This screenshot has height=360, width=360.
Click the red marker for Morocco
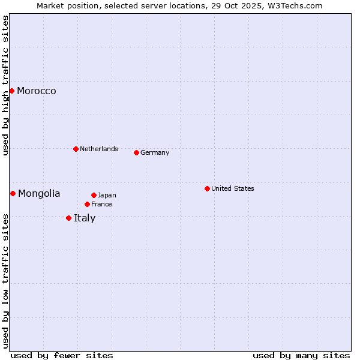[x=11, y=91]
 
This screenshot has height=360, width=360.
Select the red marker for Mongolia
[x=13, y=193]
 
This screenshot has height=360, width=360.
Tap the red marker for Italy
[x=68, y=218]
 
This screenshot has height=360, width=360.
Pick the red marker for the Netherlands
[x=76, y=149]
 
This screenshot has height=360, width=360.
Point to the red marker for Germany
[x=136, y=152]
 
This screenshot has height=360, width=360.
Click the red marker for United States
[x=207, y=188]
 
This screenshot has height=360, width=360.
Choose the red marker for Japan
[x=94, y=195]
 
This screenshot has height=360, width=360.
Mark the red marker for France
[x=87, y=204]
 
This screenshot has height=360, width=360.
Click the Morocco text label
[x=37, y=91]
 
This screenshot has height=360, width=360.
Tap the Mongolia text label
[x=39, y=193]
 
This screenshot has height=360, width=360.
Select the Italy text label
[x=85, y=218]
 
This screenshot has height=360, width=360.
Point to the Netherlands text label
[x=99, y=149]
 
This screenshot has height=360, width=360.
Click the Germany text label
[x=155, y=152]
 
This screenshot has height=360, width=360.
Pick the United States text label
[x=233, y=188]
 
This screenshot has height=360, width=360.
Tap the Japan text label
[x=107, y=195]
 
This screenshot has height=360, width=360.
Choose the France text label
[x=101, y=204]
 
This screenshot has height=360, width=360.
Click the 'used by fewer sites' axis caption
[x=62, y=355]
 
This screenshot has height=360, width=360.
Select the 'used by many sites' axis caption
[x=301, y=355]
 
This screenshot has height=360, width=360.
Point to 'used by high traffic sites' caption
[x=5, y=85]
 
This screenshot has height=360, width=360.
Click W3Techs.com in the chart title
[x=295, y=5]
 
